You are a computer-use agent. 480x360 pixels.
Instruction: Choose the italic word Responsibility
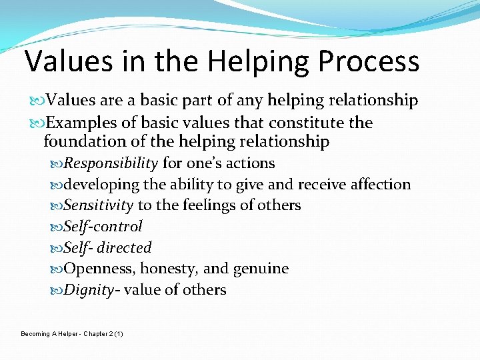[111, 163]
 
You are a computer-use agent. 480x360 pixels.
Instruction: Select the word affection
[379, 185]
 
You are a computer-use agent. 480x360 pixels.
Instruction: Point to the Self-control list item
[103, 227]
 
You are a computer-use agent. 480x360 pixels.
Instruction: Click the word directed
[124, 248]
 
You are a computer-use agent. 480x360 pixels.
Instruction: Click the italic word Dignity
[89, 290]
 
